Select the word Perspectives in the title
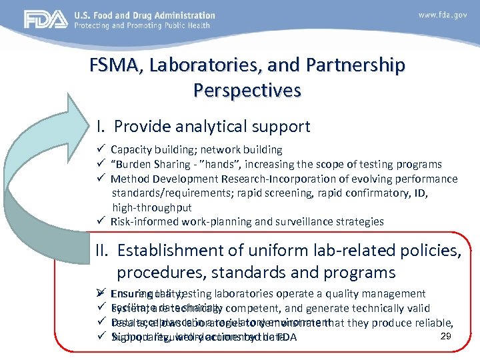pyautogui.click(x=247, y=89)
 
